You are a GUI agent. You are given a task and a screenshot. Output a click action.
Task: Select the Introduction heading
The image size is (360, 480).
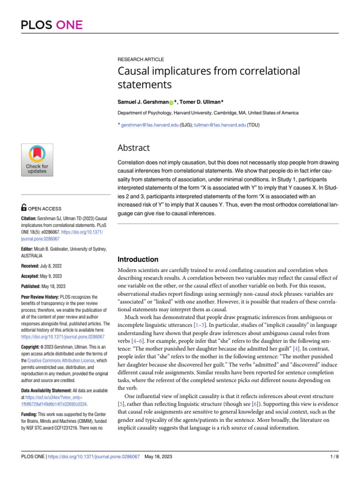[137, 259]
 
